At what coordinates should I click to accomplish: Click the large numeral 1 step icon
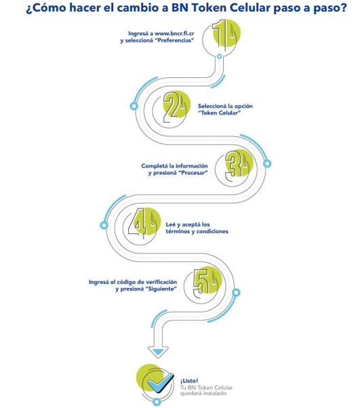coord(225,36)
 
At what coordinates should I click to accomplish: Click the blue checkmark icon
coord(160,383)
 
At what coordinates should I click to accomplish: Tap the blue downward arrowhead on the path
coord(158,353)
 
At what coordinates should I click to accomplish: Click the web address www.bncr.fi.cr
coord(174,33)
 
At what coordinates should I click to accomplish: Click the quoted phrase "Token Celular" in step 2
coord(219,113)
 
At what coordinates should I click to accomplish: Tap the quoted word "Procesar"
coord(193,173)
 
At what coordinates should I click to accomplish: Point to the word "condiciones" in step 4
coord(212,231)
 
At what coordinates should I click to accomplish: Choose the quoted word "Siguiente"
coord(161,289)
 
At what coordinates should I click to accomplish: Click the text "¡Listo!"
coord(189,381)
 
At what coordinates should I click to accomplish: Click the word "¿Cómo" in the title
coord(46,8)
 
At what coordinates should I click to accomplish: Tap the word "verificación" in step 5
coord(161,282)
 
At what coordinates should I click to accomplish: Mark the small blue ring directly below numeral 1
coord(220,56)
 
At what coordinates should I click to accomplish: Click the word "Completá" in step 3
coord(155,166)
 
